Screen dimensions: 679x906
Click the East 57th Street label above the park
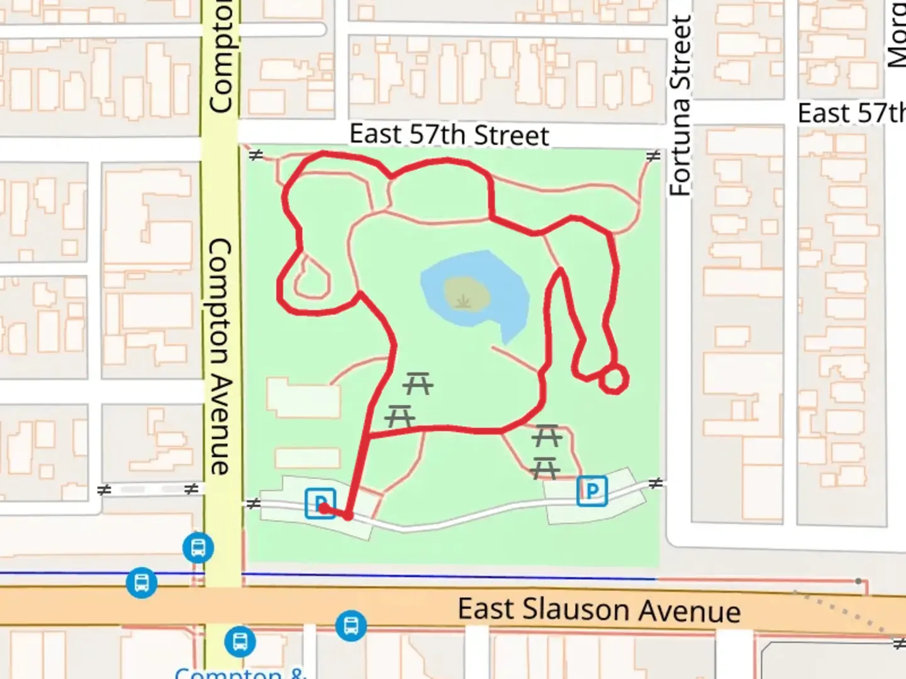click(449, 135)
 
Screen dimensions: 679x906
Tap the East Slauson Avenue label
click(598, 610)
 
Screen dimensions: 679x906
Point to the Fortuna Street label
click(680, 106)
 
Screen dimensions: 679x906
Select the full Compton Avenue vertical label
click(220, 356)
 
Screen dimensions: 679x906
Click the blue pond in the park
click(503, 295)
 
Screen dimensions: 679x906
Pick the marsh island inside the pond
click(466, 294)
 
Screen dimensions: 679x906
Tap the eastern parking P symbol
click(592, 491)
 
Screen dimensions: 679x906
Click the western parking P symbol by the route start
click(320, 503)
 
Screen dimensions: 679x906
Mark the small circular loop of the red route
click(613, 379)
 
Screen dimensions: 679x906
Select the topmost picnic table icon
click(417, 383)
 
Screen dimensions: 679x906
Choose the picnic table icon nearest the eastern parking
click(545, 468)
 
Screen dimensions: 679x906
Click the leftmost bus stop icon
click(141, 583)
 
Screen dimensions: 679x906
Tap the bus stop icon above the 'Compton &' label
click(240, 642)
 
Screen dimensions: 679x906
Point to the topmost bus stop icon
click(198, 548)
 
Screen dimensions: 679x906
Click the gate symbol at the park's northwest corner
click(255, 155)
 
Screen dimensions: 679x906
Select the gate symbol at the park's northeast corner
click(654, 155)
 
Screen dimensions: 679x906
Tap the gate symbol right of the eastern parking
click(656, 483)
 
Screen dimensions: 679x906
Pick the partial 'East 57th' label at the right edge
click(851, 113)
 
